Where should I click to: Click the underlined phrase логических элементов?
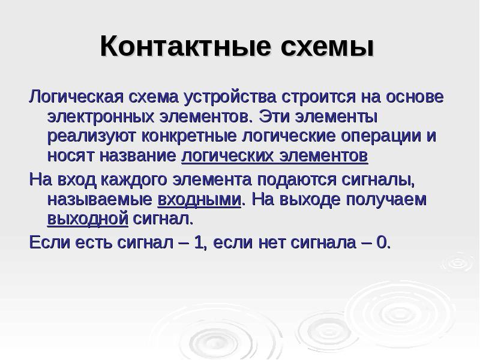[274, 156]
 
